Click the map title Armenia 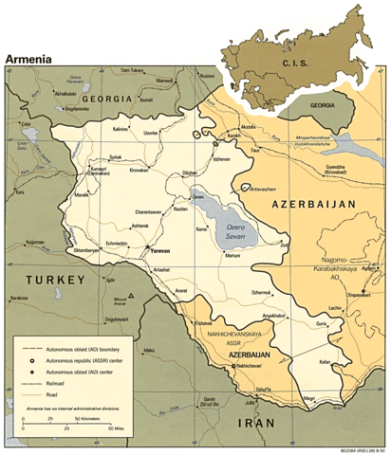[x=29, y=58]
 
